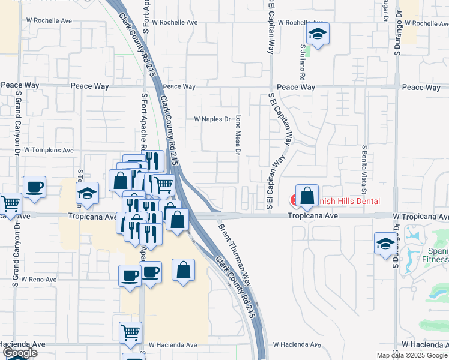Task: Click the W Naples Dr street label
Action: [x=212, y=119]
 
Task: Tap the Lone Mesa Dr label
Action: [x=238, y=134]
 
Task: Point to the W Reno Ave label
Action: [x=38, y=279]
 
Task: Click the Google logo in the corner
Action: [x=19, y=353]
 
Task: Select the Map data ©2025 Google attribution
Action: [x=412, y=355]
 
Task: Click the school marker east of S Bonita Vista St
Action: [x=385, y=244]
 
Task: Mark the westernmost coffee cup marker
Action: [x=35, y=187]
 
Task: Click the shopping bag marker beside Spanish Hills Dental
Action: [x=307, y=196]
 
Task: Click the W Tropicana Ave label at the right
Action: [x=420, y=215]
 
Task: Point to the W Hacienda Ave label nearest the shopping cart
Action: [x=173, y=345]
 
